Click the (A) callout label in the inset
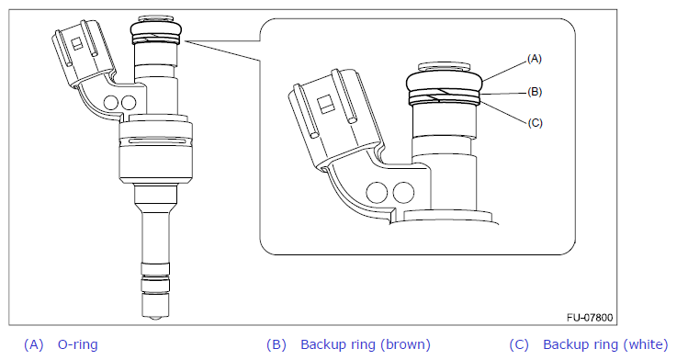click(534, 59)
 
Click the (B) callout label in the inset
click(534, 92)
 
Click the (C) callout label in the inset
click(535, 123)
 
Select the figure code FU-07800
click(590, 318)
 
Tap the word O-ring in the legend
click(78, 344)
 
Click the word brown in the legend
click(405, 344)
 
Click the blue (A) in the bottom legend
click(34, 344)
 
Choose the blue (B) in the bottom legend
click(276, 344)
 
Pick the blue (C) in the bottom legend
click(519, 344)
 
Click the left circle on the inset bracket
click(377, 193)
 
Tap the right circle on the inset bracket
click(403, 193)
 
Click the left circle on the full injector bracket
click(111, 102)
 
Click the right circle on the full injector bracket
click(129, 103)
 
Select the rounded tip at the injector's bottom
click(155, 318)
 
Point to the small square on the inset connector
click(324, 105)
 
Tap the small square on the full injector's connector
click(77, 43)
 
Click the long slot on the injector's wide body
click(155, 141)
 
